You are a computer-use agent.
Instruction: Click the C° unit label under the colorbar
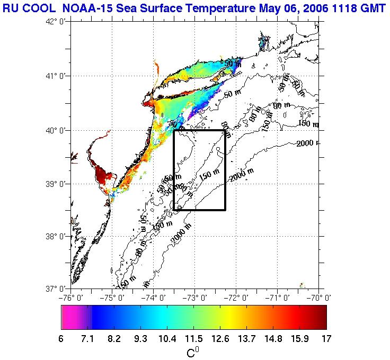click(193, 352)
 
